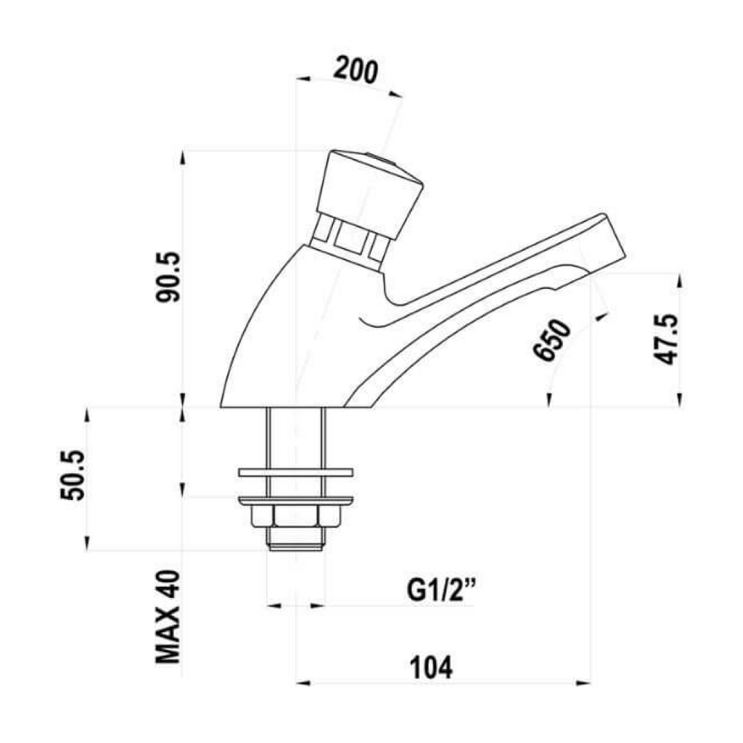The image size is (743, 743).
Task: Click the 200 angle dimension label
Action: pos(356,70)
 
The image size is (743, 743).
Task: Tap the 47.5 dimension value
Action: pos(665,340)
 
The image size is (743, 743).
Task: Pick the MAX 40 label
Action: pos(168,617)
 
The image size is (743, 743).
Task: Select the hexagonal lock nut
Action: pos(295,516)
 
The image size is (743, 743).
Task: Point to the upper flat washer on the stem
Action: pos(295,473)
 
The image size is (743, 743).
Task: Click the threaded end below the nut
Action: pos(295,540)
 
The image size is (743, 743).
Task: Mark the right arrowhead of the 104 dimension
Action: pos(585,683)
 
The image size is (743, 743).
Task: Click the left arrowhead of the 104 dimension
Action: pos(303,683)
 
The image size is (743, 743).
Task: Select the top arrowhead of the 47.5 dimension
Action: pos(679,279)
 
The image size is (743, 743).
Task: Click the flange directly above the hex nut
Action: pos(295,500)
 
